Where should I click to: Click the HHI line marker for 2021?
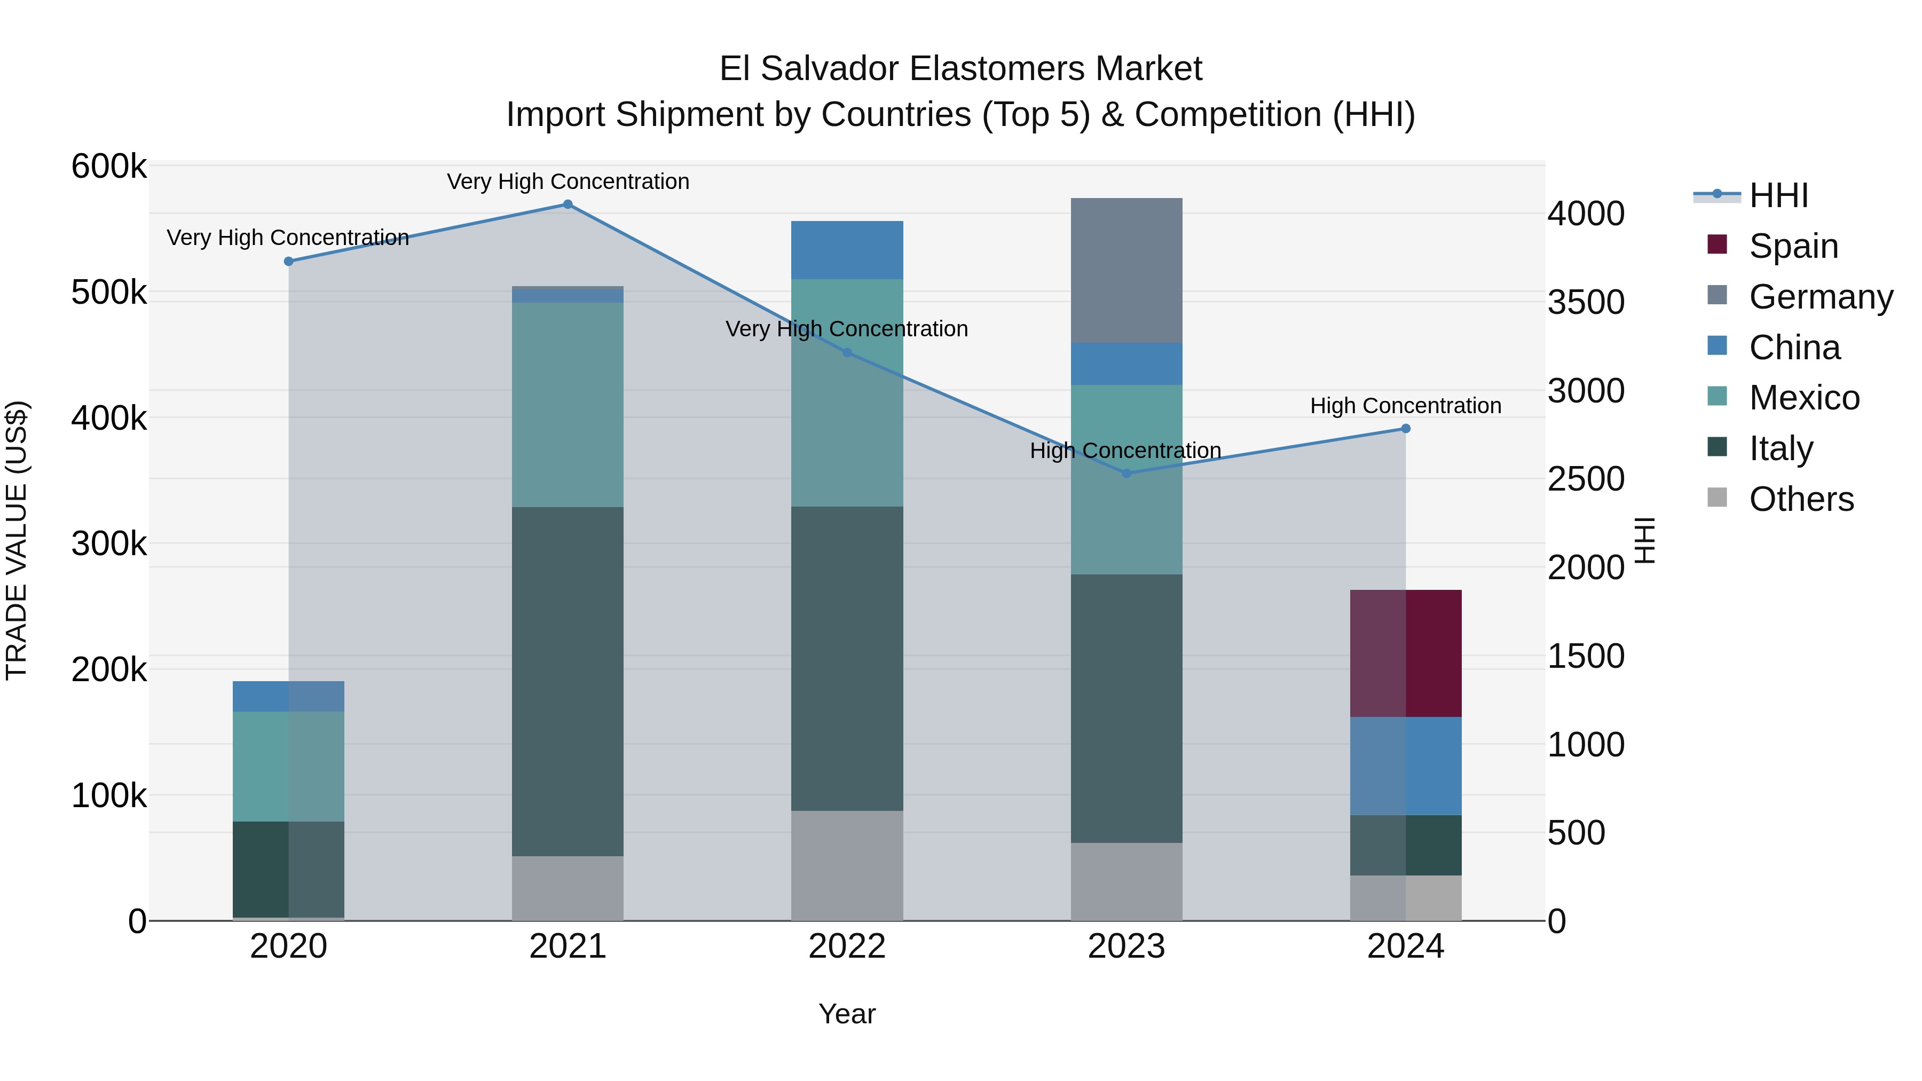coord(568,204)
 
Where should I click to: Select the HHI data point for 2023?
coord(1127,473)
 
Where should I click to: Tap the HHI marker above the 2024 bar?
coord(1406,429)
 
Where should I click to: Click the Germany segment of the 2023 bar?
coord(1127,270)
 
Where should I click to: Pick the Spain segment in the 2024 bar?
coord(1406,653)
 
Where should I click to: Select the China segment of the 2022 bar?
coord(847,250)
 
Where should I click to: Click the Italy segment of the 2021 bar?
coord(568,681)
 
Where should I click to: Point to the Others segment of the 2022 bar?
coord(847,865)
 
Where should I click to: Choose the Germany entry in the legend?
coord(1821,297)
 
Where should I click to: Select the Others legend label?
coord(1801,499)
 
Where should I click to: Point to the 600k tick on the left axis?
coord(109,167)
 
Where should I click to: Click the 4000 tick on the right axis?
coord(1586,214)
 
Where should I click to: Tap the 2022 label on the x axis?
coord(847,946)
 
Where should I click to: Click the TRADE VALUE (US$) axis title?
coord(17,540)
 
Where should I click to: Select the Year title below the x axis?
coord(847,1014)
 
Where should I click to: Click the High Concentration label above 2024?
coord(1406,406)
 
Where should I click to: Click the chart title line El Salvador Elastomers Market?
coord(960,69)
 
